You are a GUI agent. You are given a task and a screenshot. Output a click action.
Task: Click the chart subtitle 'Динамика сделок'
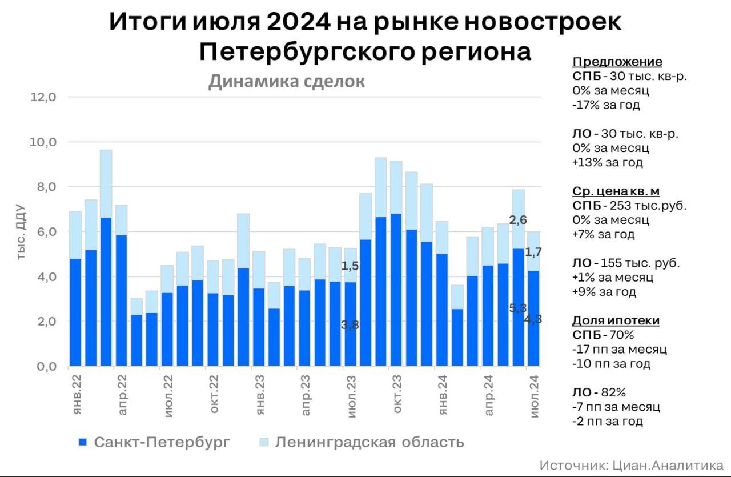286,82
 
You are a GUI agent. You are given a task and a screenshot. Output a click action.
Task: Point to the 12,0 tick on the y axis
43,97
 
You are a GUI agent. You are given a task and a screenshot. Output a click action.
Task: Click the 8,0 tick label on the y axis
43,187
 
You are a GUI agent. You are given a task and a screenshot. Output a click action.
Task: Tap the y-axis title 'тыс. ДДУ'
21,231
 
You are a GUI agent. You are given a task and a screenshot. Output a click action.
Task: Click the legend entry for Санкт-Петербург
154,442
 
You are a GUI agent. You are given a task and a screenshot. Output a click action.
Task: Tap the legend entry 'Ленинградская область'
361,442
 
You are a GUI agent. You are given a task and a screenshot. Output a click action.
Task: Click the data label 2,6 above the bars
518,220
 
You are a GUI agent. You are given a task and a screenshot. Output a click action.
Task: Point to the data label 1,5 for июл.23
350,266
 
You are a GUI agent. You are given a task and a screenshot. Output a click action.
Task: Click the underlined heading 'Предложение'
617,62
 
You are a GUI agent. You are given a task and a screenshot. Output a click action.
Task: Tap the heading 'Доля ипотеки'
616,320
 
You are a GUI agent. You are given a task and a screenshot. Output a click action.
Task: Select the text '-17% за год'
605,105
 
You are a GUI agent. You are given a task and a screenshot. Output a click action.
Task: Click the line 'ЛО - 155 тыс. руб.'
625,263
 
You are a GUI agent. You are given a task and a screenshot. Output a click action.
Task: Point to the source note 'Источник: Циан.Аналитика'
631,465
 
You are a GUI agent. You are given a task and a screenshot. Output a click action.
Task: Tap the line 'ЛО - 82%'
599,392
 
